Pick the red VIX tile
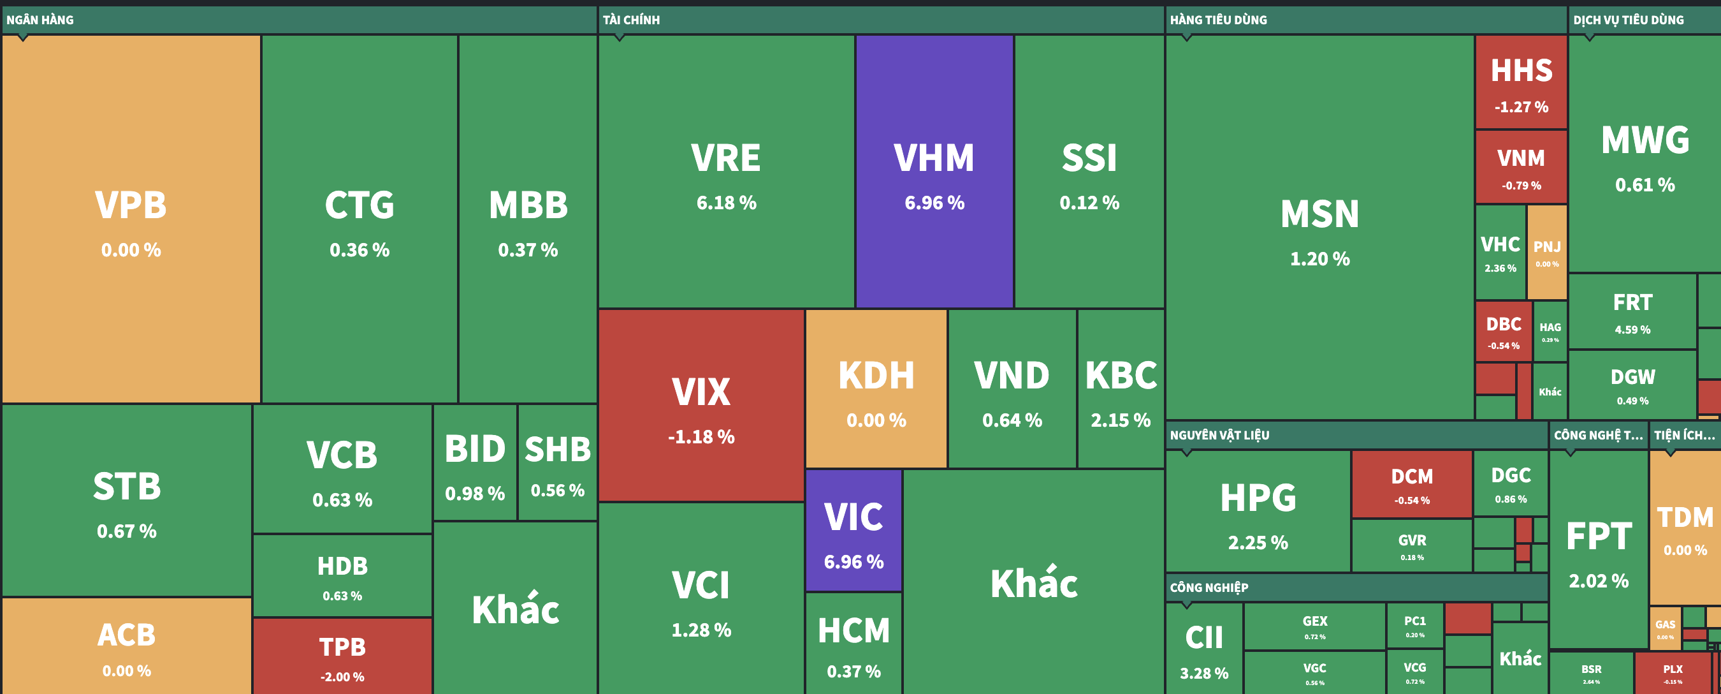tap(701, 405)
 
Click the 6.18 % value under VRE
tap(726, 203)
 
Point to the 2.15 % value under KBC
tap(1121, 420)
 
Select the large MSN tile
tap(1319, 227)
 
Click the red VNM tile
tap(1521, 167)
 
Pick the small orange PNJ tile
tap(1546, 252)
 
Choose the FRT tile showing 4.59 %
tap(1632, 311)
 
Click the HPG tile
tap(1258, 512)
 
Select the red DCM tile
tap(1412, 485)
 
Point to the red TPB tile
tap(342, 656)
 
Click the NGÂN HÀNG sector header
tap(40, 20)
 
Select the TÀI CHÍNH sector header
tap(631, 20)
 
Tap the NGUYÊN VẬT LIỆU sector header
tap(1219, 435)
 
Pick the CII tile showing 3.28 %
tap(1204, 649)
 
